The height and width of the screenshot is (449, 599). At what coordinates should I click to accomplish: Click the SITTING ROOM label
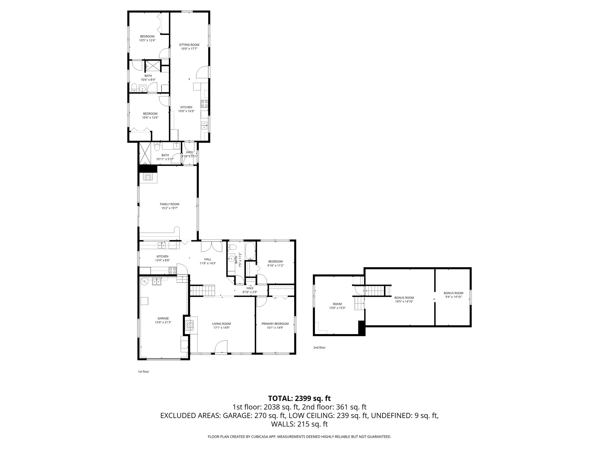(x=189, y=45)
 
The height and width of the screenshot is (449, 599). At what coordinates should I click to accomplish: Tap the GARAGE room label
(x=163, y=318)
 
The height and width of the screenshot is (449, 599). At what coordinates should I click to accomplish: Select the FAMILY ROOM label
(x=169, y=204)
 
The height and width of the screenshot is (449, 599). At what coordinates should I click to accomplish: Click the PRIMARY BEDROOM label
(x=275, y=324)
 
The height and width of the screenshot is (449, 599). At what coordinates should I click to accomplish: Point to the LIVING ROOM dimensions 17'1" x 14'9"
(x=221, y=328)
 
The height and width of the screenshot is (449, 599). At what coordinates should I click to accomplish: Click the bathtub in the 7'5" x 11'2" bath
(x=250, y=251)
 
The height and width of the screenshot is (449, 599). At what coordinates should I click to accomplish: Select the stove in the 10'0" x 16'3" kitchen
(x=204, y=103)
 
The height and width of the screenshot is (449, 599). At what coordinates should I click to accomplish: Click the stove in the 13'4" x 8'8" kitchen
(x=173, y=270)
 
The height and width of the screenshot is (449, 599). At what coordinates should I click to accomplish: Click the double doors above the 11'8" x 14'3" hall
(x=211, y=246)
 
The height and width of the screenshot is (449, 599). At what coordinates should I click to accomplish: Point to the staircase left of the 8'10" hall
(x=203, y=291)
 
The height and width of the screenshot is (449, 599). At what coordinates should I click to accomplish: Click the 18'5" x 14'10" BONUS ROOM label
(x=404, y=298)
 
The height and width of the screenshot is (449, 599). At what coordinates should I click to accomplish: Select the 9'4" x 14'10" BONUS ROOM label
(x=453, y=293)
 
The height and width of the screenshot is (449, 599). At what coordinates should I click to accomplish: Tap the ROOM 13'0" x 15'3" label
(x=337, y=304)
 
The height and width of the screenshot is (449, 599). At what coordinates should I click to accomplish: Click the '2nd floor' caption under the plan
(x=319, y=348)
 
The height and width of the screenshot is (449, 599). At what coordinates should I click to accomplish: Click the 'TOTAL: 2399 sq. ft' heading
(x=299, y=398)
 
